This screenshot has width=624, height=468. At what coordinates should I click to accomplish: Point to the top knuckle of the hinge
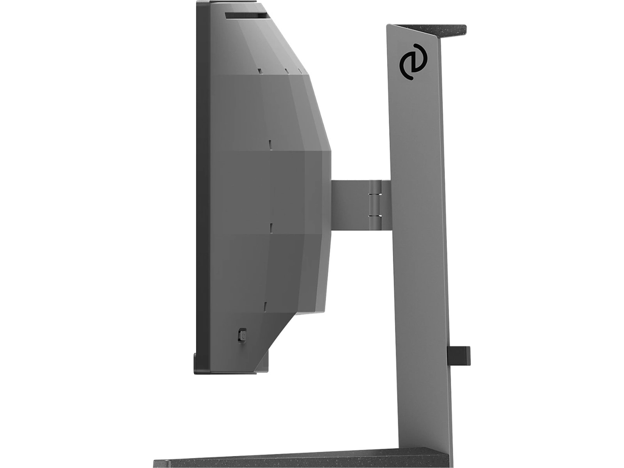(x=374, y=187)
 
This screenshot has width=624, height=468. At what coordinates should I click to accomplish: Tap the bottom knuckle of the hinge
(x=374, y=222)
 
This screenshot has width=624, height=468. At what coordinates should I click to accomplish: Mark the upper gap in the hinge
(x=374, y=194)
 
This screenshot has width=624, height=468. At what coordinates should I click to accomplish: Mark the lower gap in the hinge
(x=374, y=214)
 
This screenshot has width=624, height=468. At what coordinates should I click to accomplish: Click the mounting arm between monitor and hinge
(x=349, y=204)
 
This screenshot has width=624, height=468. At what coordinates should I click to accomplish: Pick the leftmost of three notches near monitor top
(x=259, y=71)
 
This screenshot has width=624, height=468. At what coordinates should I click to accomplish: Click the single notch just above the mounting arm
(x=269, y=144)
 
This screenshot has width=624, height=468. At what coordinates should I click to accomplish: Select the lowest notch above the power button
(x=265, y=306)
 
